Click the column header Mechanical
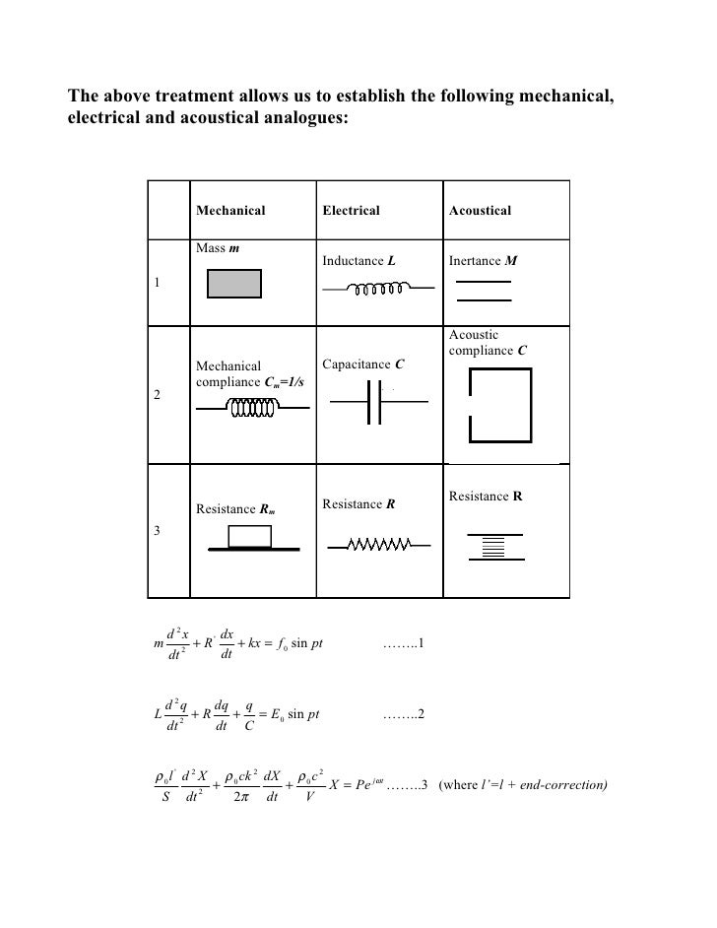(230, 211)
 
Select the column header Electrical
(350, 211)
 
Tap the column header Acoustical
(480, 211)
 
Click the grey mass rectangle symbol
(233, 284)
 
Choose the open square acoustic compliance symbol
(502, 406)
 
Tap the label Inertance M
(483, 262)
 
